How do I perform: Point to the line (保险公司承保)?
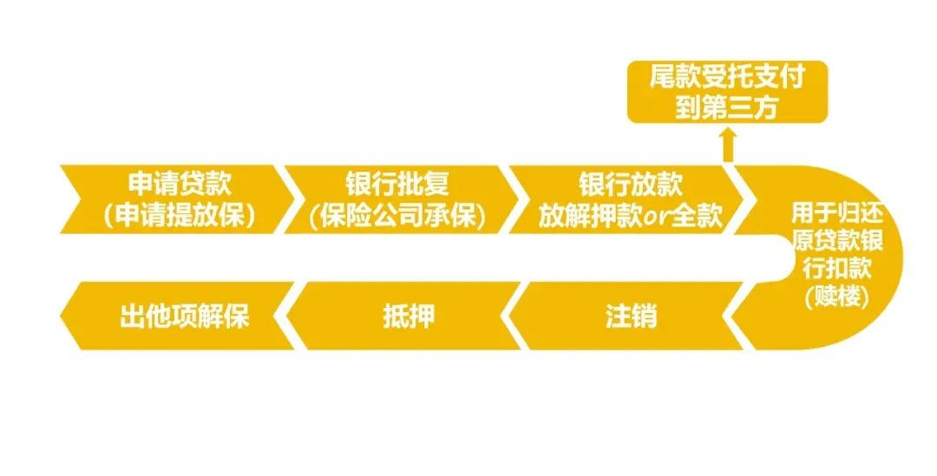pyautogui.click(x=396, y=215)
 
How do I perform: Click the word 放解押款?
pyautogui.click(x=589, y=215)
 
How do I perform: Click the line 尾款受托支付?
pyautogui.click(x=728, y=77)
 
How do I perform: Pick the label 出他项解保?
pyautogui.click(x=184, y=316)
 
